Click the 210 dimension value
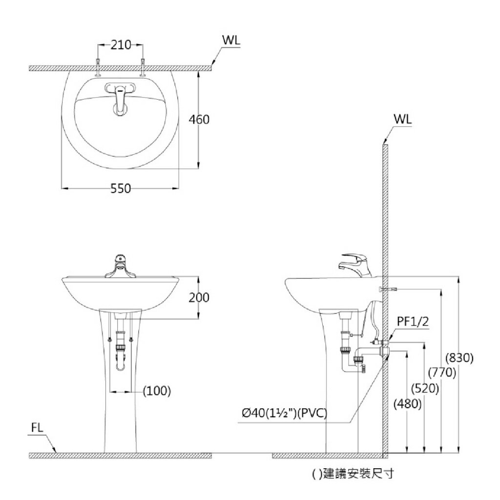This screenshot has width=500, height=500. [x=121, y=45]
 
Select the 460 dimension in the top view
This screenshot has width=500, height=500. [x=199, y=119]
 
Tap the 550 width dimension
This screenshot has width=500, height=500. [x=121, y=188]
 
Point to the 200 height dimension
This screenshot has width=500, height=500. [x=199, y=297]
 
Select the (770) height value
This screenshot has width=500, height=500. [x=442, y=373]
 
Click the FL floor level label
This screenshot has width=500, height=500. [x=38, y=428]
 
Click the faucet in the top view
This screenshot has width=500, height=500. [x=120, y=99]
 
